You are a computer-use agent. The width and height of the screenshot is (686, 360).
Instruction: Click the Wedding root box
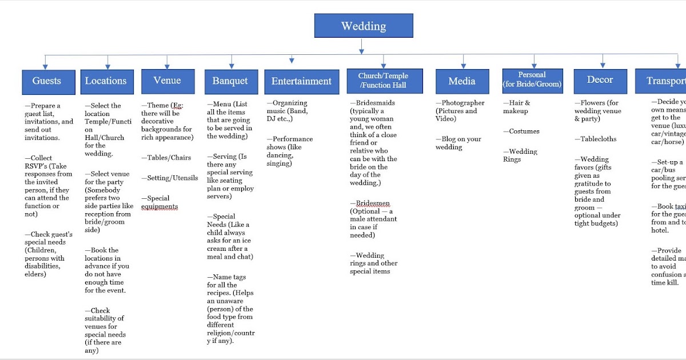(363, 26)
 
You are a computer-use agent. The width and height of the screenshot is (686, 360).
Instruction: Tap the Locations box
(107, 81)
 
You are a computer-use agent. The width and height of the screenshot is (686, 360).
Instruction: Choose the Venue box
(167, 81)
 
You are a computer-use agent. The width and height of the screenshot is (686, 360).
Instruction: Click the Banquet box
(230, 81)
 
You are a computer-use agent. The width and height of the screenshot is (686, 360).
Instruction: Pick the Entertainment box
(301, 82)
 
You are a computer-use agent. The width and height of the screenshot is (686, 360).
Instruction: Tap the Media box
(462, 81)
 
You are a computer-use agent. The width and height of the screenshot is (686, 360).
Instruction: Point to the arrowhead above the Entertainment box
(292, 59)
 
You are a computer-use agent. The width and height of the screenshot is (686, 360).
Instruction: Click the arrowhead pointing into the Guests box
(45, 66)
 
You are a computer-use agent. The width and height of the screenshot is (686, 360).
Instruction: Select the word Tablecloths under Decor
(599, 139)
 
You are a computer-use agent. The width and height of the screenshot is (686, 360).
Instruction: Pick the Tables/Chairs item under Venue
(169, 158)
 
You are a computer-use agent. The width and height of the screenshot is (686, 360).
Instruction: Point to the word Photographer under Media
(463, 103)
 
